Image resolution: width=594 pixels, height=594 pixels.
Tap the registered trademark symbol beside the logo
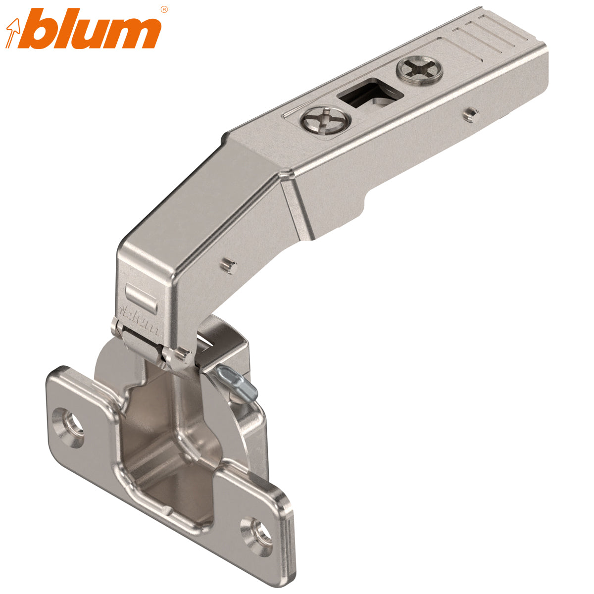click(164, 9)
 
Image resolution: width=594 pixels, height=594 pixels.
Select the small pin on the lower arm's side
click(228, 265)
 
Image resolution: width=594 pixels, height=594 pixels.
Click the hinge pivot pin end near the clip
click(184, 353)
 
